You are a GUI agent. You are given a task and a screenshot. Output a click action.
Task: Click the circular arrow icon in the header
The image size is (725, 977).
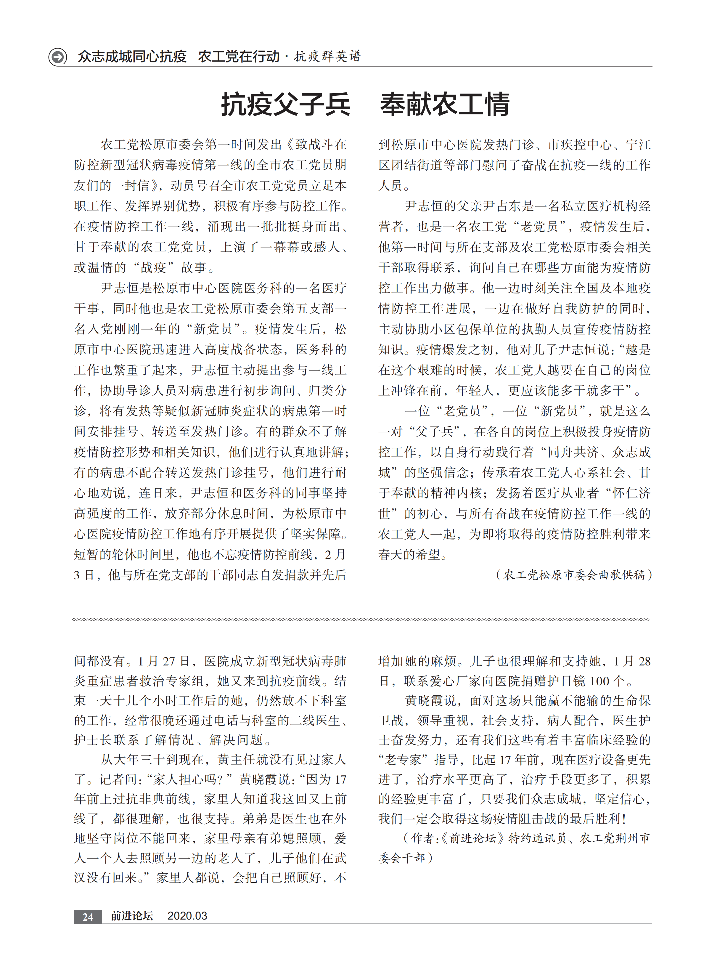pyautogui.click(x=57, y=57)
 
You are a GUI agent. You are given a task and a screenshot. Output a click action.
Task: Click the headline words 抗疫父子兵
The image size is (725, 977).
pyautogui.click(x=285, y=105)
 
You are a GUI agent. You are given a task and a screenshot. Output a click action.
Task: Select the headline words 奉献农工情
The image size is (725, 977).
pyautogui.click(x=445, y=105)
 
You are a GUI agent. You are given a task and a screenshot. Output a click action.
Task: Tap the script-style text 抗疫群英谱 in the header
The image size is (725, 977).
pyautogui.click(x=327, y=56)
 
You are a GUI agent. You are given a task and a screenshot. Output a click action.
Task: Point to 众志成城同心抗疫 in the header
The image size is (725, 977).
pyautogui.click(x=132, y=57)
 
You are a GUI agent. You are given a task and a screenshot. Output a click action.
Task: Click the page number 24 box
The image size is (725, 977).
pyautogui.click(x=88, y=916)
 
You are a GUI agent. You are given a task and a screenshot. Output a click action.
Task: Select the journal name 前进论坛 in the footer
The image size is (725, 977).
pyautogui.click(x=132, y=916)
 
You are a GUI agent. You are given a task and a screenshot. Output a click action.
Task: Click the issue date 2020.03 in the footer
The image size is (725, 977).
pyautogui.click(x=187, y=916)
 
